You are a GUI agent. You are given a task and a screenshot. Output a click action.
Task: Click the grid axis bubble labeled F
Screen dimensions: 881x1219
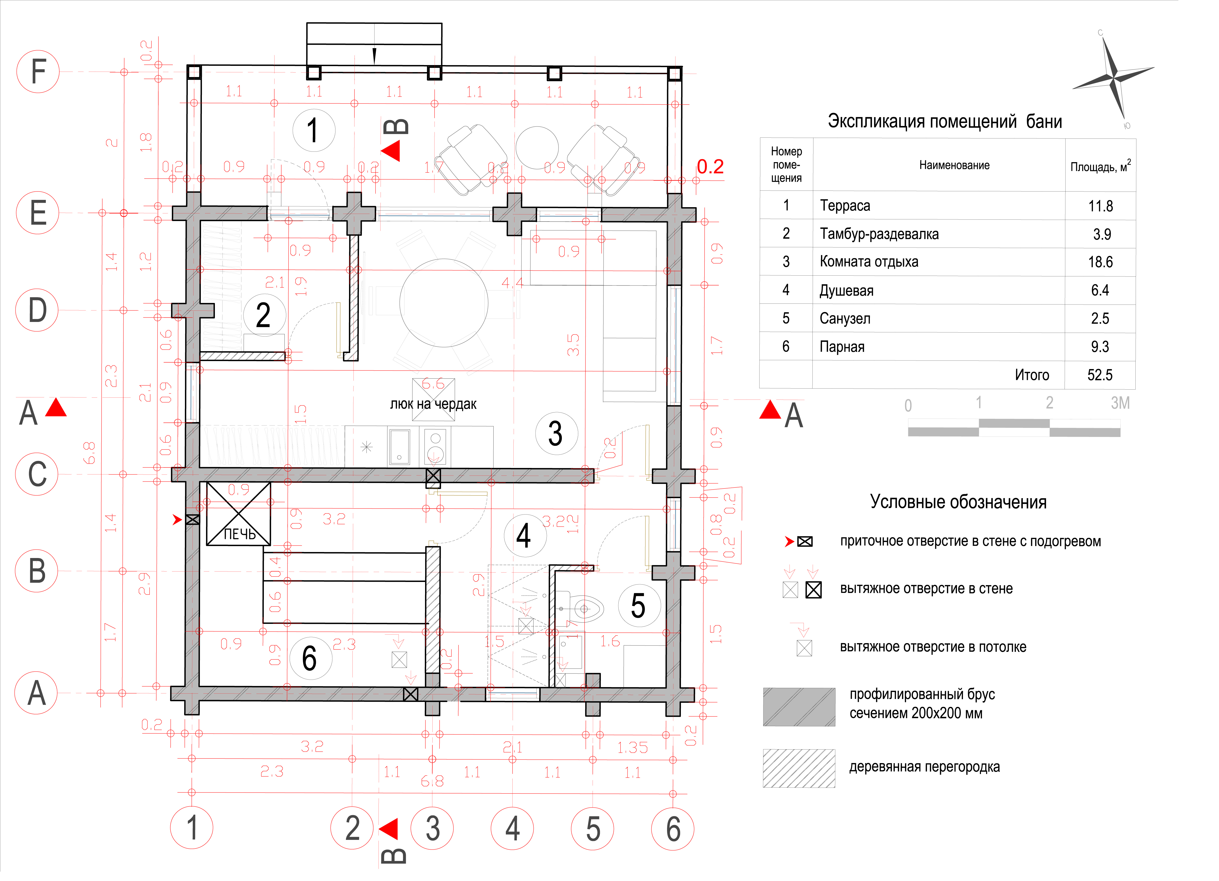pos(38,72)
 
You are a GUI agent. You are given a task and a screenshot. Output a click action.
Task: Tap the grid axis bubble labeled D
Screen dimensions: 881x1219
pos(37,310)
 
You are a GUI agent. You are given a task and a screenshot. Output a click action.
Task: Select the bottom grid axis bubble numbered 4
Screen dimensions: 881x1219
pos(512,828)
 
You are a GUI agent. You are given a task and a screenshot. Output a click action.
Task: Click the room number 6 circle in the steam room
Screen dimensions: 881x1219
pos(310,658)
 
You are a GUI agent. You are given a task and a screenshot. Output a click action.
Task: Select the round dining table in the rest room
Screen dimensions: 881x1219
pos(444,303)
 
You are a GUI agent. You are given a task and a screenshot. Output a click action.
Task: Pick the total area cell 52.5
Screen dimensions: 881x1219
pos(1100,375)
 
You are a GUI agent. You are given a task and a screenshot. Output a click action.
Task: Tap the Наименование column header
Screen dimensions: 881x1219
pos(954,166)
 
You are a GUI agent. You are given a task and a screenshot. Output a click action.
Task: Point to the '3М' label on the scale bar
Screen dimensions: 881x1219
pos(1120,403)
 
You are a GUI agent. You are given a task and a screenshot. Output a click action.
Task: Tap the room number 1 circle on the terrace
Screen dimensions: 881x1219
pos(314,131)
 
